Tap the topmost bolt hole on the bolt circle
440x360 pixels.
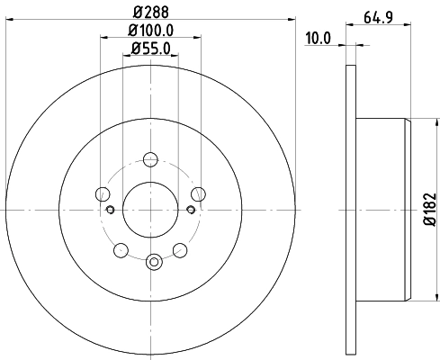150,159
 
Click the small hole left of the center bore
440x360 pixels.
110,211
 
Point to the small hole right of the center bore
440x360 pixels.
190,211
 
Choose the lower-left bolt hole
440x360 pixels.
124,248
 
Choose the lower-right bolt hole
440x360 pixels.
180,247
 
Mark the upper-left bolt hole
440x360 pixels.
103,194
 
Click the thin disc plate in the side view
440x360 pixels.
350,207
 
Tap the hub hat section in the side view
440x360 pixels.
382,207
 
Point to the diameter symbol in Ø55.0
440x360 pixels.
134,49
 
